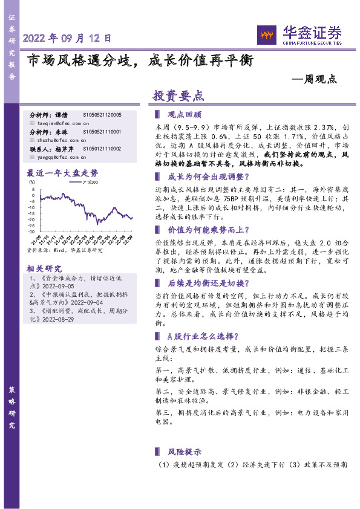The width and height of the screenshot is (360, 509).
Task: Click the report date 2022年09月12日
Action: point(67,38)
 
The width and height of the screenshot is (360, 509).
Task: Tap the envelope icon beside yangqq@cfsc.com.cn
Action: point(33,155)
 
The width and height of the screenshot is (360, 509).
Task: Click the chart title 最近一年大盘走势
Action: point(62,172)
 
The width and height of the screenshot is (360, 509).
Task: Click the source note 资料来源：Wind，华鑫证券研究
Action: point(65,249)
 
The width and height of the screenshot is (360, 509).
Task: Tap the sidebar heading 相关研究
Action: point(45,268)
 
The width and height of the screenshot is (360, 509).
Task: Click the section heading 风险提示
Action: point(184,452)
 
